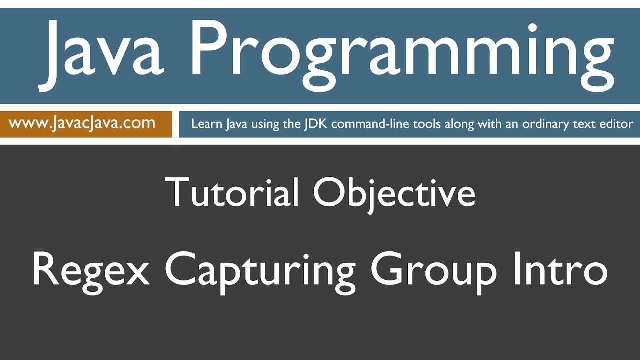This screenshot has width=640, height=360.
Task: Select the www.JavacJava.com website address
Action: coord(82,123)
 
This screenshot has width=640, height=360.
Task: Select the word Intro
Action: coord(558,270)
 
